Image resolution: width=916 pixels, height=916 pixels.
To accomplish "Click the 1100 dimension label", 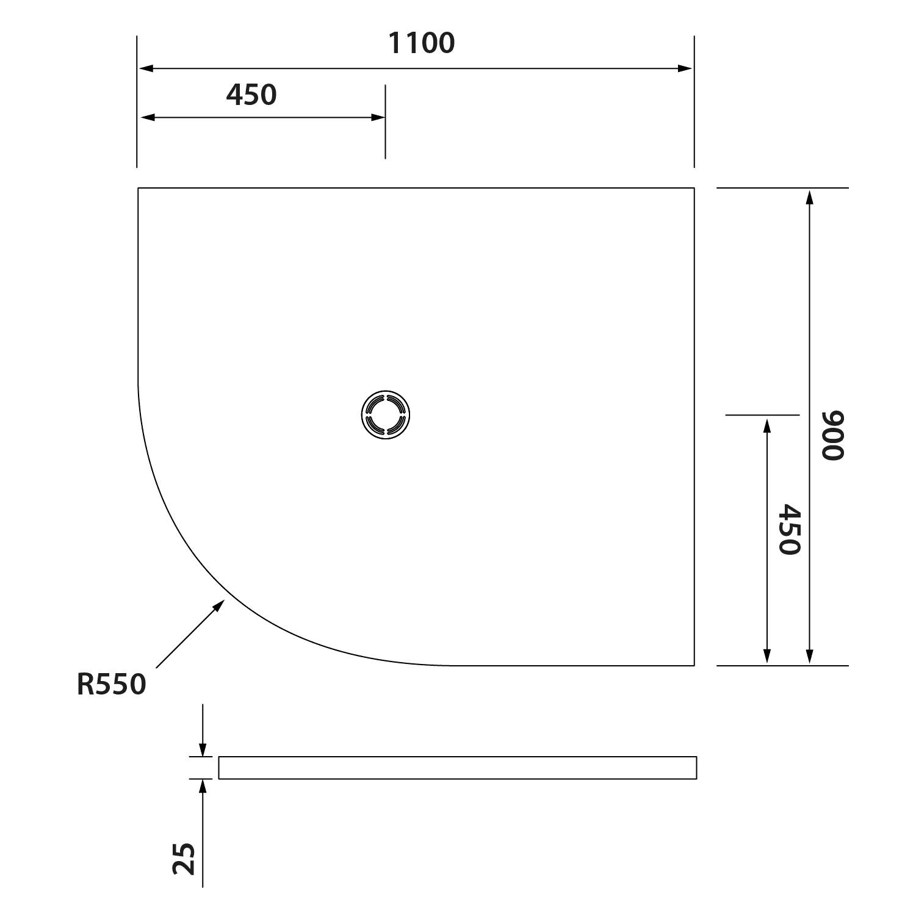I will click(421, 43).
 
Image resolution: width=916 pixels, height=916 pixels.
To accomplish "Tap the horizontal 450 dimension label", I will click(251, 95).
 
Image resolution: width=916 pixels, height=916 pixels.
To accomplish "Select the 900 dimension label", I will click(832, 435).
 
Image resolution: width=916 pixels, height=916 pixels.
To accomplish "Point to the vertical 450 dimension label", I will click(790, 529).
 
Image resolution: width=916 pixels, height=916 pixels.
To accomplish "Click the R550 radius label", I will click(112, 684).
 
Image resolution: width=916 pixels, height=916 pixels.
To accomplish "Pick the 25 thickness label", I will click(184, 859).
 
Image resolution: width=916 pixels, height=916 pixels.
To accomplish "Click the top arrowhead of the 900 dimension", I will click(809, 197).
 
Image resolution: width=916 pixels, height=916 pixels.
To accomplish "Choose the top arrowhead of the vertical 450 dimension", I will click(767, 424).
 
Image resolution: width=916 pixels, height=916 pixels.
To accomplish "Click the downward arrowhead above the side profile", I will click(203, 750).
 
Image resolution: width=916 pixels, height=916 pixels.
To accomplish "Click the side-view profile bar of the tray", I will click(457, 768).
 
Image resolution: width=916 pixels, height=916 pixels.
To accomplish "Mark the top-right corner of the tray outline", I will click(694, 188).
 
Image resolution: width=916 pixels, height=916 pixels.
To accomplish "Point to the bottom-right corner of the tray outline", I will click(694, 665).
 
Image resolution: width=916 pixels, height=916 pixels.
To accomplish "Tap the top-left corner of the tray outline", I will click(138, 188).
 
